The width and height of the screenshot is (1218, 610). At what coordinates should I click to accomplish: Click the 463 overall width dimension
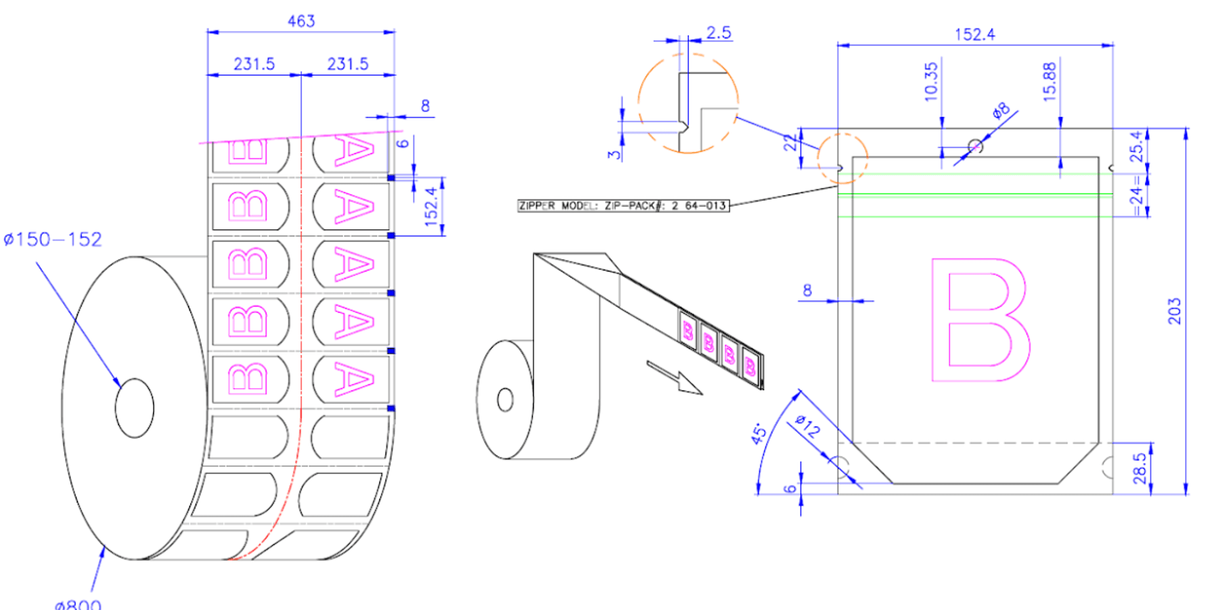[x=301, y=21]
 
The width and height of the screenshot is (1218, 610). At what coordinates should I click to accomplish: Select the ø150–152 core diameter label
[x=53, y=239]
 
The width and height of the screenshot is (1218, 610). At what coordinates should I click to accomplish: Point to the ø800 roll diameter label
[x=78, y=604]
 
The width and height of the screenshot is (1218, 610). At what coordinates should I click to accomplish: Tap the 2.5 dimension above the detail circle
[x=719, y=32]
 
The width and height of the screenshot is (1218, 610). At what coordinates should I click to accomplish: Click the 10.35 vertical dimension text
[x=931, y=82]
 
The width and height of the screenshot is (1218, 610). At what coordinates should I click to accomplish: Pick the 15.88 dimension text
[x=1050, y=82]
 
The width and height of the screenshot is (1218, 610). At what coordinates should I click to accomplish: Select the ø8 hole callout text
[x=1001, y=110]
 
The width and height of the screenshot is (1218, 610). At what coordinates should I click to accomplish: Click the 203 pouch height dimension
[x=1174, y=311]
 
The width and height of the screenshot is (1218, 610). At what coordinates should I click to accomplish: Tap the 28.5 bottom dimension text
[x=1140, y=468]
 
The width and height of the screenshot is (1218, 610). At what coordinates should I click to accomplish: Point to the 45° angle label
[x=760, y=433]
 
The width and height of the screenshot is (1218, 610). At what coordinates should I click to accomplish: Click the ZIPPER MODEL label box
[x=623, y=206]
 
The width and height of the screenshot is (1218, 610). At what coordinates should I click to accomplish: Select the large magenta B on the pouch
[x=980, y=320]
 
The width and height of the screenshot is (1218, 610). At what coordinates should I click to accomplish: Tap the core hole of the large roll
[x=135, y=408]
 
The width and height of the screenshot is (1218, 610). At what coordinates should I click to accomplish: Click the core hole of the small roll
[x=505, y=400]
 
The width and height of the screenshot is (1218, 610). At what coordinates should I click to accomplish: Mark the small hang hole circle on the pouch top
[x=975, y=145]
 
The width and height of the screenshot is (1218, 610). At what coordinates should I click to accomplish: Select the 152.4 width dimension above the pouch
[x=974, y=34]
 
